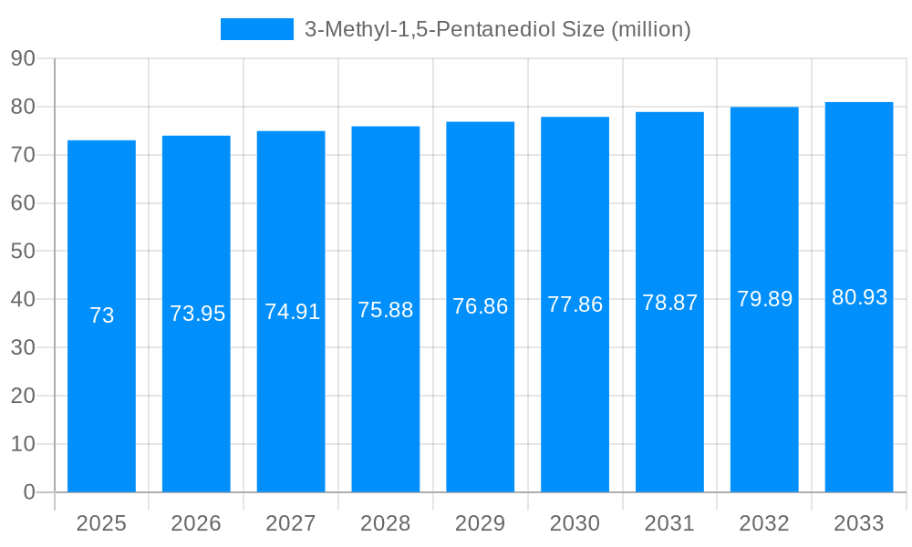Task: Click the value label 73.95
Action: tap(197, 314)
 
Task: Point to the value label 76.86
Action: tap(481, 306)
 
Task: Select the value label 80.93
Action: tap(859, 297)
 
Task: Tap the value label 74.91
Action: tap(292, 312)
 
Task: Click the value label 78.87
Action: tap(669, 303)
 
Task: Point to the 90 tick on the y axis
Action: tap(23, 58)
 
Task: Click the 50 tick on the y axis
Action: tap(23, 251)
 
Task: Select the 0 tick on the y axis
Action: tap(28, 492)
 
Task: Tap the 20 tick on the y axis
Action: tap(23, 396)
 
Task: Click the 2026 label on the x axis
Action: tap(196, 523)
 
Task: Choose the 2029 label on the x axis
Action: tap(481, 523)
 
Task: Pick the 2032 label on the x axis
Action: tap(764, 523)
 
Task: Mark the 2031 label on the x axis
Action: tap(669, 523)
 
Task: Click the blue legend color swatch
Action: tap(257, 29)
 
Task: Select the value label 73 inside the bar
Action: tap(101, 315)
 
